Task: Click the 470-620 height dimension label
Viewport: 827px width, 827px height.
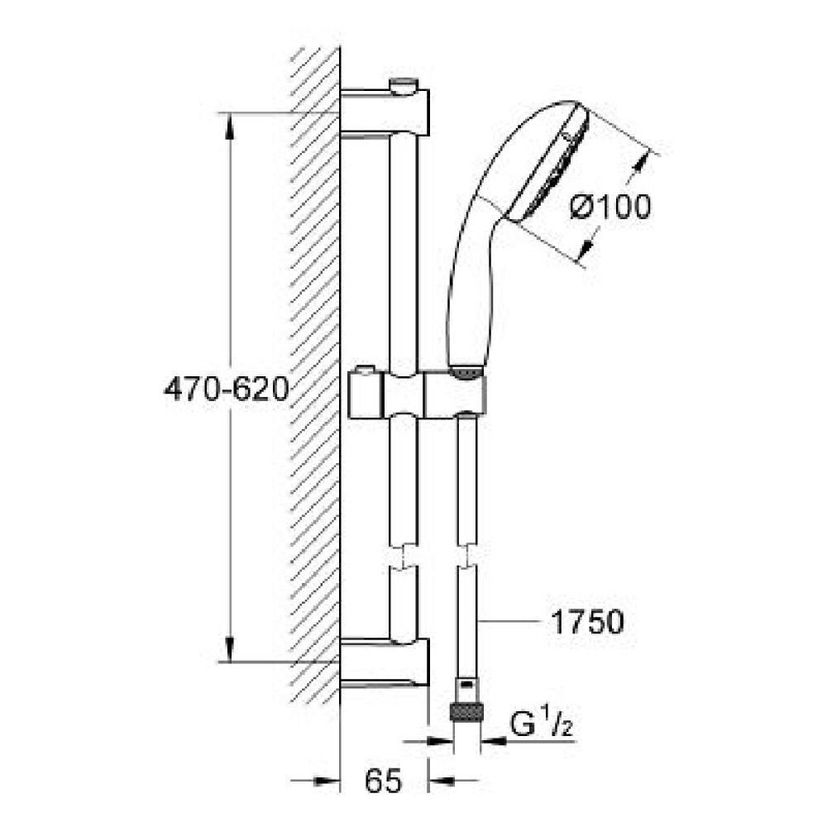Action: pos(227,390)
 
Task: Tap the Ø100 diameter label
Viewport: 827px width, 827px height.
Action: pos(611,207)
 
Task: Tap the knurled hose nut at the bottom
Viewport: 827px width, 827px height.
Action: pos(466,712)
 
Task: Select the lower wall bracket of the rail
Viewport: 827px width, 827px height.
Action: pos(385,662)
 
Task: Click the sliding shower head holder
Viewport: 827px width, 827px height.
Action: pos(417,394)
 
